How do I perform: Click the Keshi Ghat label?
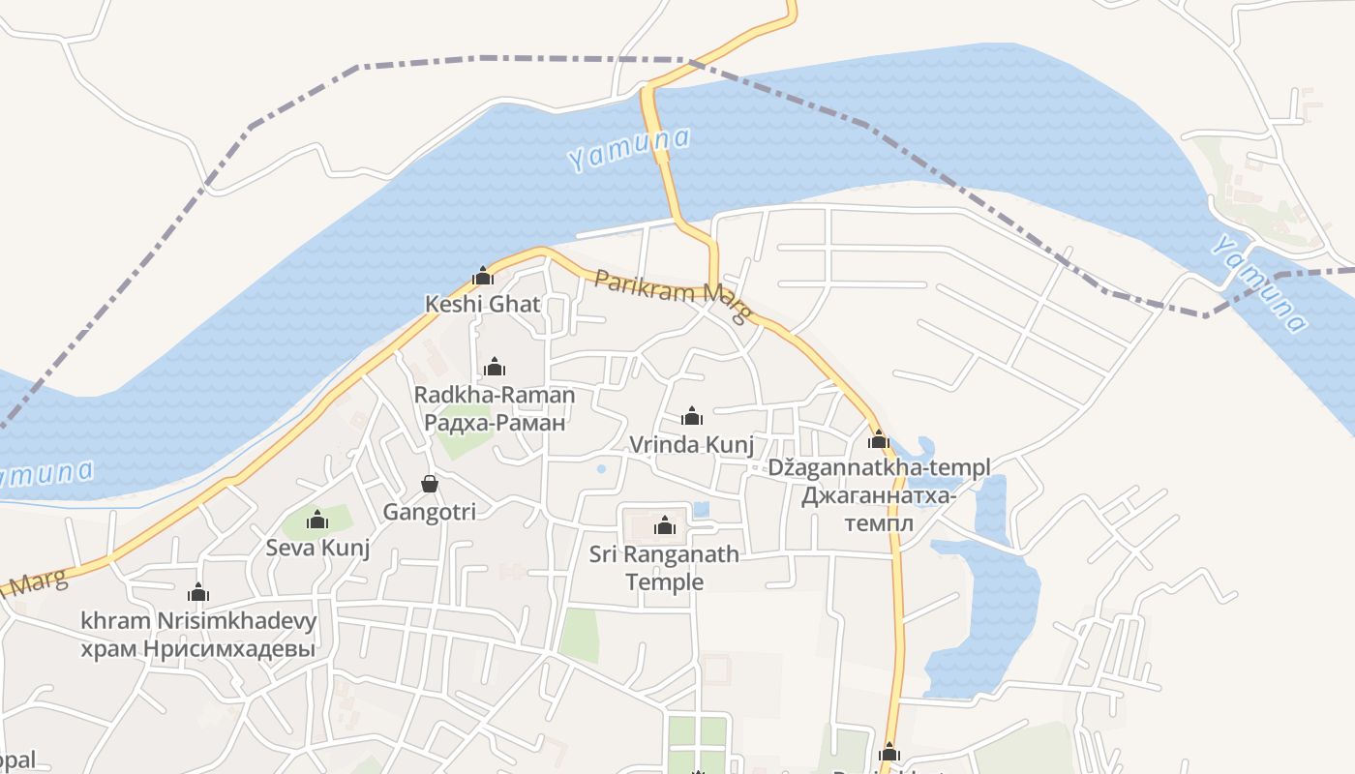482,304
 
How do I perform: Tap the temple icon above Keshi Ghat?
483,277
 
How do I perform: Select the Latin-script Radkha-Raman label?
494,395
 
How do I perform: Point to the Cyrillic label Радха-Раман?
494,422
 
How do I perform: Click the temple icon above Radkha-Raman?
495,367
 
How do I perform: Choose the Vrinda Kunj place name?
691,444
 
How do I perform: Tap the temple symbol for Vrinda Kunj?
692,416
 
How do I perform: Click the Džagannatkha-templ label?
879,467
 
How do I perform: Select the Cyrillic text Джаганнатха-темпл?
879,510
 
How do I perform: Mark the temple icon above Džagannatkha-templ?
879,440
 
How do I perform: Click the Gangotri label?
430,512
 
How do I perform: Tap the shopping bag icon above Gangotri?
430,484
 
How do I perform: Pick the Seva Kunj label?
318,549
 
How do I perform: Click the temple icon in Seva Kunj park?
317,521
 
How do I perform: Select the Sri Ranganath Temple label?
664,568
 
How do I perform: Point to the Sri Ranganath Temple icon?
665,525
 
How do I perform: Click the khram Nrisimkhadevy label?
198,620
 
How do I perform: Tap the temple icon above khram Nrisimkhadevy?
198,592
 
